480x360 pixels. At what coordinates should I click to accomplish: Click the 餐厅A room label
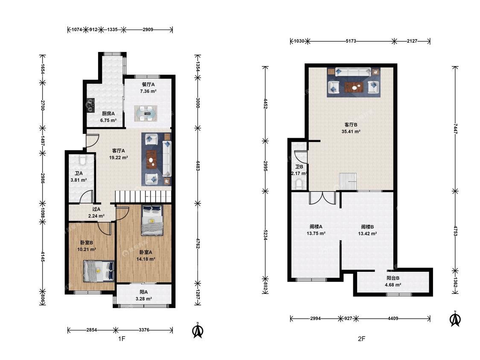click(x=148, y=84)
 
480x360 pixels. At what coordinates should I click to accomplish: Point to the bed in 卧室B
click(x=99, y=271)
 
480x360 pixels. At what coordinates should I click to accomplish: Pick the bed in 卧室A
click(x=152, y=221)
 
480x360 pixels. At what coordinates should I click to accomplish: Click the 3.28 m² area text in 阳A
click(x=143, y=299)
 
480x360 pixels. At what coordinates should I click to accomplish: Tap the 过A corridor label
click(x=96, y=209)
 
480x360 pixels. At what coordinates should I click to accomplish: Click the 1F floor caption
click(x=122, y=339)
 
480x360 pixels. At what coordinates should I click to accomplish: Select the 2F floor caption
click(x=361, y=339)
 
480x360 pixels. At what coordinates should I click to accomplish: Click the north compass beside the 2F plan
click(x=455, y=319)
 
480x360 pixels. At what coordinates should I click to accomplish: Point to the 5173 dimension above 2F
click(x=351, y=41)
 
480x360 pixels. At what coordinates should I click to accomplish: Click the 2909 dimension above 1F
click(x=148, y=30)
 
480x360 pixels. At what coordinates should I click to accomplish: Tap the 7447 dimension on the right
click(x=456, y=129)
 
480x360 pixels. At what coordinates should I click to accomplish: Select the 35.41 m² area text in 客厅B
click(x=351, y=132)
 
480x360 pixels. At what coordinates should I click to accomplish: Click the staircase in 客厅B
click(x=348, y=181)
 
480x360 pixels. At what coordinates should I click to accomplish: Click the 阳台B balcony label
click(x=393, y=278)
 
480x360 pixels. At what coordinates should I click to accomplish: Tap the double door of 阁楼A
click(x=323, y=198)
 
